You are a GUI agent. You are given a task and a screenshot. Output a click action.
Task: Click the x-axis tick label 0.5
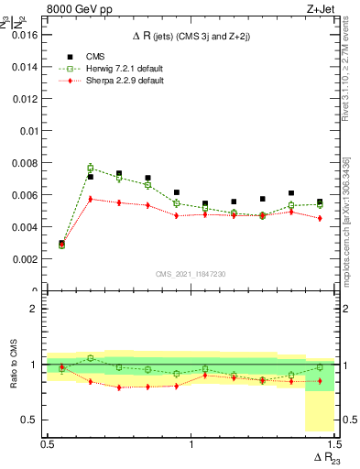pos(48,443)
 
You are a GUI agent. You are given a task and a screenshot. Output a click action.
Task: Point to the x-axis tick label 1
pos(191,443)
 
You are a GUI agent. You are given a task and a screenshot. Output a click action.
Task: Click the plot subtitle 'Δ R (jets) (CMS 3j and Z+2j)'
pos(191,36)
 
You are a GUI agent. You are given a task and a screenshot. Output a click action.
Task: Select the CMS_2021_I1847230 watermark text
pos(191,274)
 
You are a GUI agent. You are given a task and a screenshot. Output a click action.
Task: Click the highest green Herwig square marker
pos(90,169)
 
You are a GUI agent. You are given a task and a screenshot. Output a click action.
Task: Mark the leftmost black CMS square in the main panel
pos(61,243)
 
